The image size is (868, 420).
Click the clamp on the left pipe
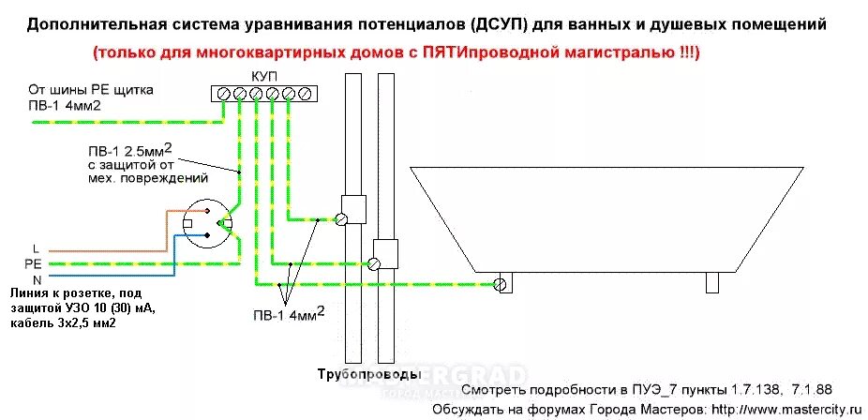pos(343,220)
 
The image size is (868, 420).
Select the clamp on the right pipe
pos(376,263)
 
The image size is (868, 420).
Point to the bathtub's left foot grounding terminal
pos(503,282)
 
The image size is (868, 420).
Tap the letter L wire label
pos(35,248)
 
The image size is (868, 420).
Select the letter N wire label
pos(35,279)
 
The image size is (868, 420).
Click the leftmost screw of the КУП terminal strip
pos(224,93)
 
